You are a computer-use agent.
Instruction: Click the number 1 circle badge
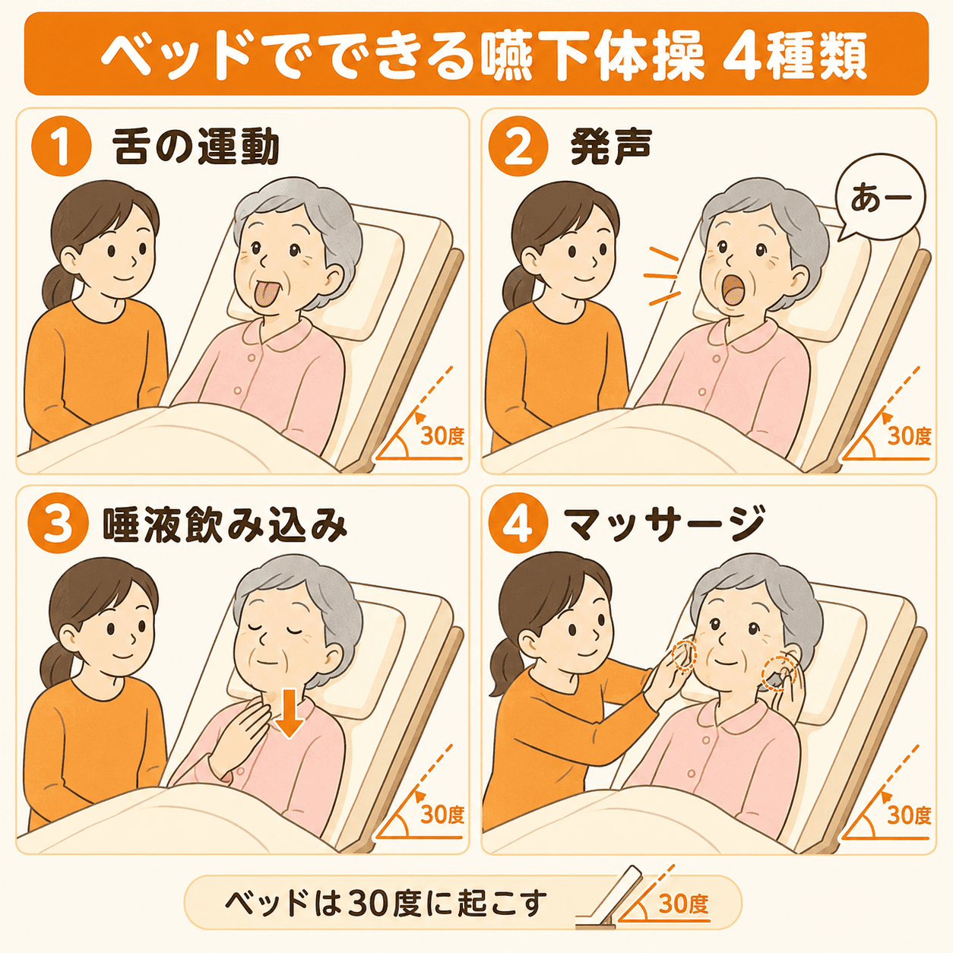[x=62, y=147]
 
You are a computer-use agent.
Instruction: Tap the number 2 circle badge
[x=518, y=147]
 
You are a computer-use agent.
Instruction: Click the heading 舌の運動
[x=195, y=147]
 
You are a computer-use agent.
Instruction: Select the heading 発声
[x=610, y=147]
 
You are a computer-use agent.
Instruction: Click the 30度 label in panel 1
[x=442, y=436]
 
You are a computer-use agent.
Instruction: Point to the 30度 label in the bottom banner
[x=684, y=904]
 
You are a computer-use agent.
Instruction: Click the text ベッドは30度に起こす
[x=386, y=904]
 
